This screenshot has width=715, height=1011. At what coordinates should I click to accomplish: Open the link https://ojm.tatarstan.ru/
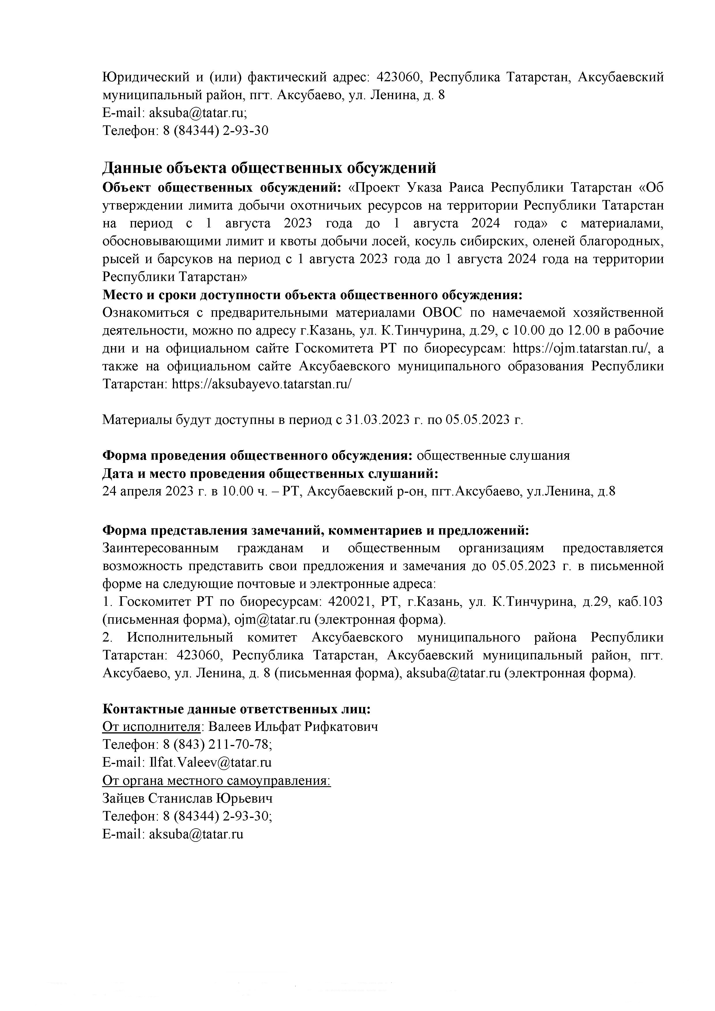tap(581, 348)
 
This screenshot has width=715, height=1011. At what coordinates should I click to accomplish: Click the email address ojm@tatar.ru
tap(273, 620)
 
